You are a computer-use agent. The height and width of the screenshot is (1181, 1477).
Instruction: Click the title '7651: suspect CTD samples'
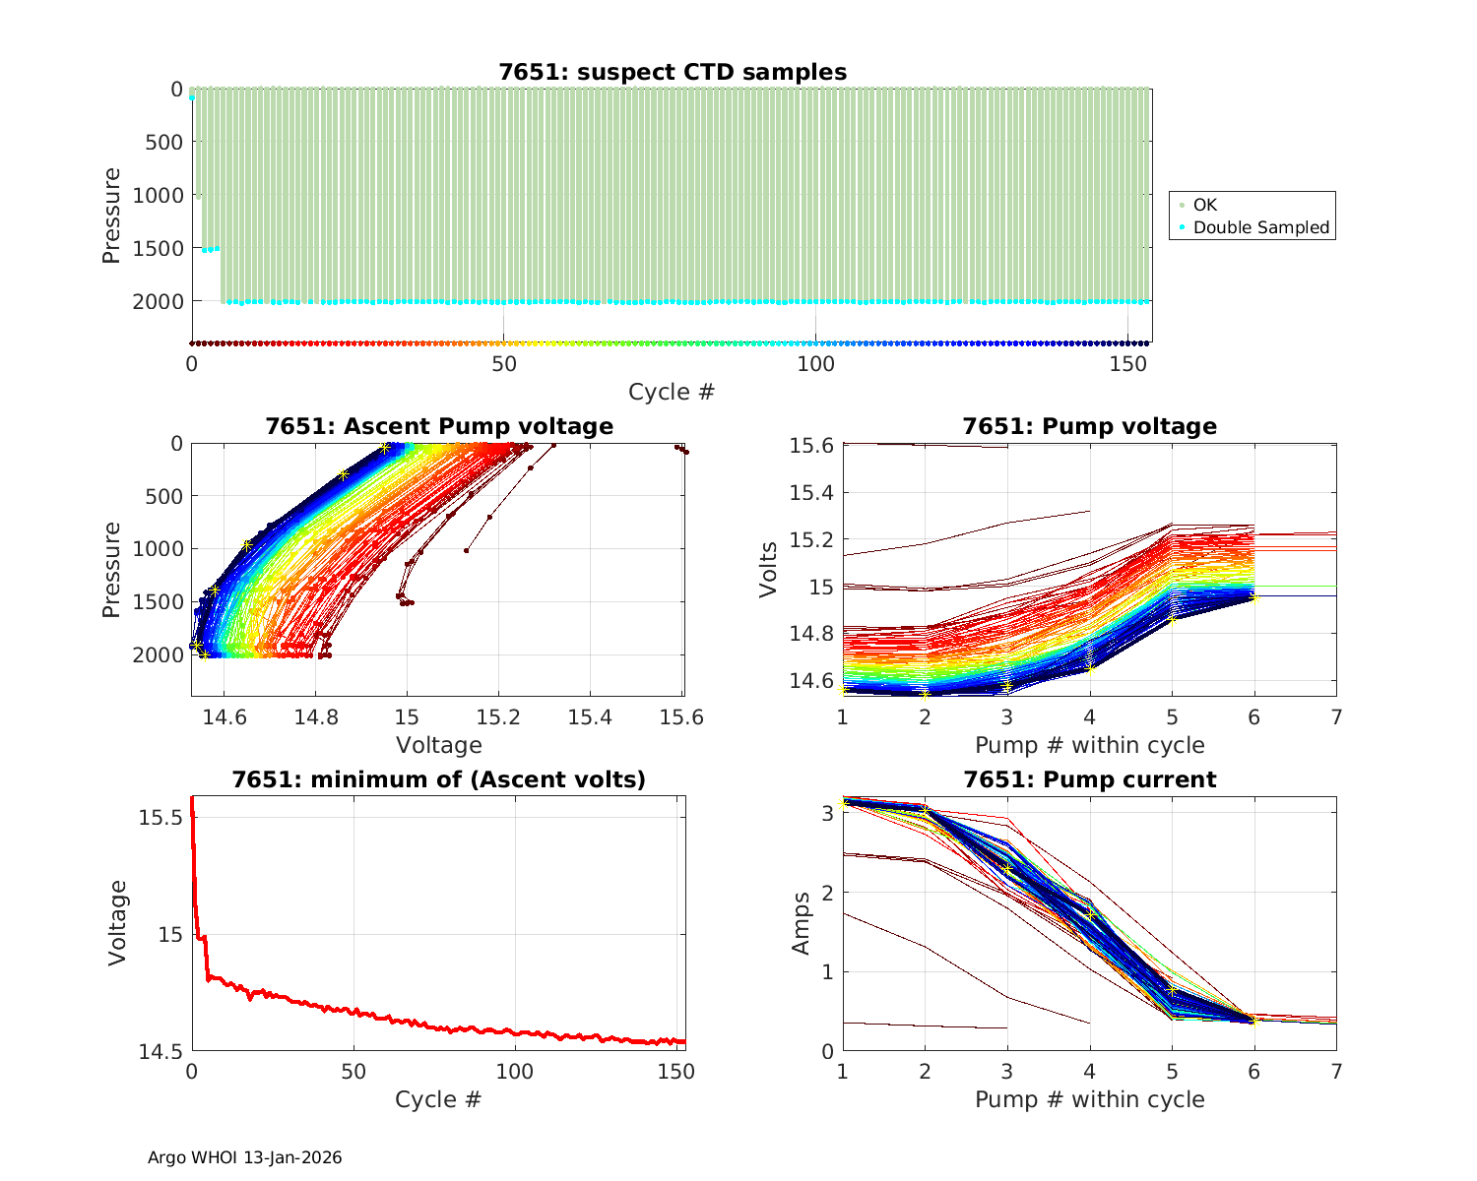pos(672,72)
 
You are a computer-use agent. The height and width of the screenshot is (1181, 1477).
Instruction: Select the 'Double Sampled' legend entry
pos(1260,227)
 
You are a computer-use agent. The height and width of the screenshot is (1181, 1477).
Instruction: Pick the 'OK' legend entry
pos(1204,205)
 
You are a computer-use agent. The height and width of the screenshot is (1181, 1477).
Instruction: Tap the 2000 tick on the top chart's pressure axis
pos(158,301)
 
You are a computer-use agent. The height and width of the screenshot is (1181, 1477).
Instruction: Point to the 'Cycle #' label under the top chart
pos(672,392)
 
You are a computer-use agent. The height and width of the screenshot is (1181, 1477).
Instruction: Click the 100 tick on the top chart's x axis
pos(815,363)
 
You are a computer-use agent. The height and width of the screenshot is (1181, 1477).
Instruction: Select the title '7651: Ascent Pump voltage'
pos(438,426)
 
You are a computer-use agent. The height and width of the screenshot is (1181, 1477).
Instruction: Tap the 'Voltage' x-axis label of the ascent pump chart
pos(438,745)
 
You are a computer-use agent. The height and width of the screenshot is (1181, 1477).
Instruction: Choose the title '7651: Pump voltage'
pos(1089,426)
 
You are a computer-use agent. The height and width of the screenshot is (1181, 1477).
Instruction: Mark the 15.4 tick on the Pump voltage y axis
pos(811,493)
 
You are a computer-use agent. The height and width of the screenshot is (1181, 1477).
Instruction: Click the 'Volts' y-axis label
pos(770,570)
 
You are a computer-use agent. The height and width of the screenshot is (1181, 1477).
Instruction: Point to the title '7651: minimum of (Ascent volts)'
pos(438,779)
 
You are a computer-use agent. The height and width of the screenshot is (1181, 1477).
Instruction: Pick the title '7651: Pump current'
pos(1089,779)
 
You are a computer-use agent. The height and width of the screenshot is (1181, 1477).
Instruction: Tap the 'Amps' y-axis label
pos(802,922)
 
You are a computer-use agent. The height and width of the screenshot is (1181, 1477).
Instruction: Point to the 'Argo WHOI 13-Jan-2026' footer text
pos(244,1157)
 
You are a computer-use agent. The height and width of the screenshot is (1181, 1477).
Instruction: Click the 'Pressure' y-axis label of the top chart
pos(112,216)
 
